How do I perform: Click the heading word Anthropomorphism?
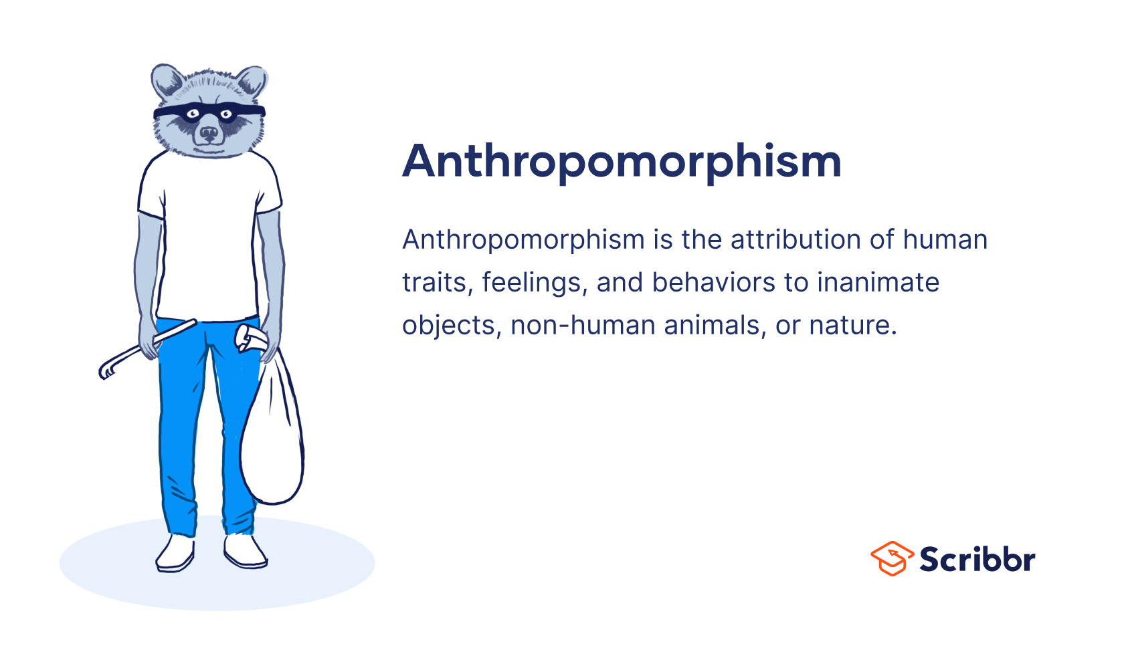[x=622, y=162]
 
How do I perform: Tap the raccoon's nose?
[x=209, y=134]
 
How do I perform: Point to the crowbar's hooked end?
[x=106, y=370]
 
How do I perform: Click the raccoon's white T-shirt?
[x=208, y=241]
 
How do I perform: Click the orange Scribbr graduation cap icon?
[x=892, y=558]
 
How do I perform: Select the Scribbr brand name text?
[x=977, y=560]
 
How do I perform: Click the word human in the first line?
[x=945, y=240]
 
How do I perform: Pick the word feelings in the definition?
[x=535, y=283]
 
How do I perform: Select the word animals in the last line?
[x=715, y=326]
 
